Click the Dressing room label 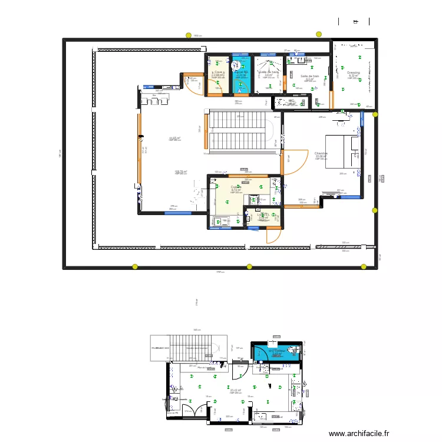pyautogui.click(x=354, y=73)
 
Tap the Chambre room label pyautogui.click(x=321, y=153)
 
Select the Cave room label pyautogui.click(x=217, y=73)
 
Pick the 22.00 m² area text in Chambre pyautogui.click(x=321, y=156)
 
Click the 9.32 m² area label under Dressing pyautogui.click(x=354, y=76)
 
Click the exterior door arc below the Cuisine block pyautogui.click(x=272, y=236)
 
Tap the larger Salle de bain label pyautogui.click(x=309, y=76)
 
